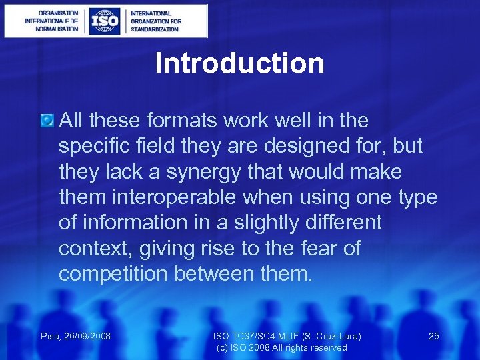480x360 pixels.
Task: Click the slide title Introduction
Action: [239, 64]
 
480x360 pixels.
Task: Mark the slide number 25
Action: [433, 336]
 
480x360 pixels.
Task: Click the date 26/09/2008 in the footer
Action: [87, 336]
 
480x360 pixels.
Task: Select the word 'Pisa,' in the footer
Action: [51, 336]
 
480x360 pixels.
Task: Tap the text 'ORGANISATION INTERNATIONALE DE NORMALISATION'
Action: [51, 21]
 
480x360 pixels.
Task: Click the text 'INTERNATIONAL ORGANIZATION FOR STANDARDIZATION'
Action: [155, 21]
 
